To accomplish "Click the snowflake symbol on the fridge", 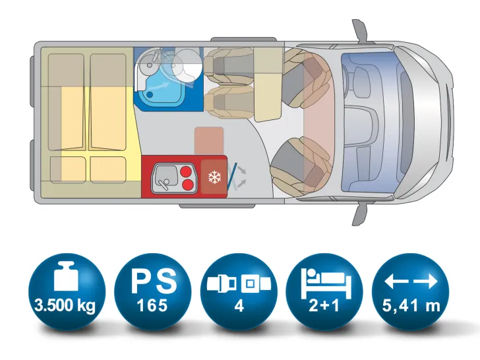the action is click(x=214, y=177).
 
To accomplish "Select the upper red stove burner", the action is click(x=187, y=172).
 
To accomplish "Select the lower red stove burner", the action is click(x=188, y=185).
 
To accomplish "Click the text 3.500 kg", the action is click(x=65, y=305).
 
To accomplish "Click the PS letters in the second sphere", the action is click(x=154, y=281).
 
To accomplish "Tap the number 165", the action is click(x=152, y=305).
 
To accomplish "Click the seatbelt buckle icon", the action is click(x=239, y=284).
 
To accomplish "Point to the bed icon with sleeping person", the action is click(x=326, y=284).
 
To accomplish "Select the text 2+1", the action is click(x=324, y=305).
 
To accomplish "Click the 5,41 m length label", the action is click(x=411, y=305).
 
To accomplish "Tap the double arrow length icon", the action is click(x=411, y=282).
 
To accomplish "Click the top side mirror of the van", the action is click(x=360, y=30).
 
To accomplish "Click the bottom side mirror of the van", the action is click(x=360, y=215).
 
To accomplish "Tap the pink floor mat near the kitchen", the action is click(x=209, y=141).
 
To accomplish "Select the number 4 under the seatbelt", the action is click(x=239, y=306).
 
